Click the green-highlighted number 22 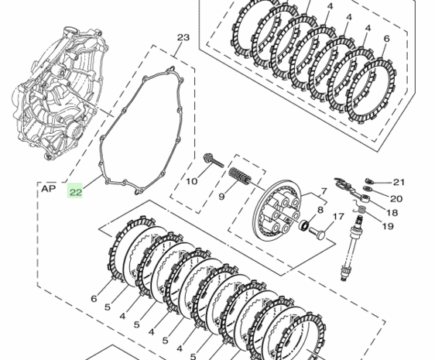point(75,192)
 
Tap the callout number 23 point(183,37)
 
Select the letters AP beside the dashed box point(49,189)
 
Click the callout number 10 point(191,181)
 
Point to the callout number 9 point(221,197)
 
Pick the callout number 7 point(324,191)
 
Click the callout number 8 point(320,210)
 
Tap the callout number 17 point(338,217)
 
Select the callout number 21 point(399,182)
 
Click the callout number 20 point(396,199)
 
